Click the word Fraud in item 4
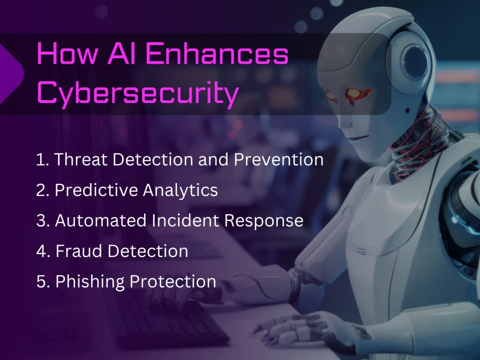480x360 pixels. pyautogui.click(x=78, y=251)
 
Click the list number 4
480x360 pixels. pyautogui.click(x=41, y=251)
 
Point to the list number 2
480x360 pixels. pyautogui.click(x=41, y=190)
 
